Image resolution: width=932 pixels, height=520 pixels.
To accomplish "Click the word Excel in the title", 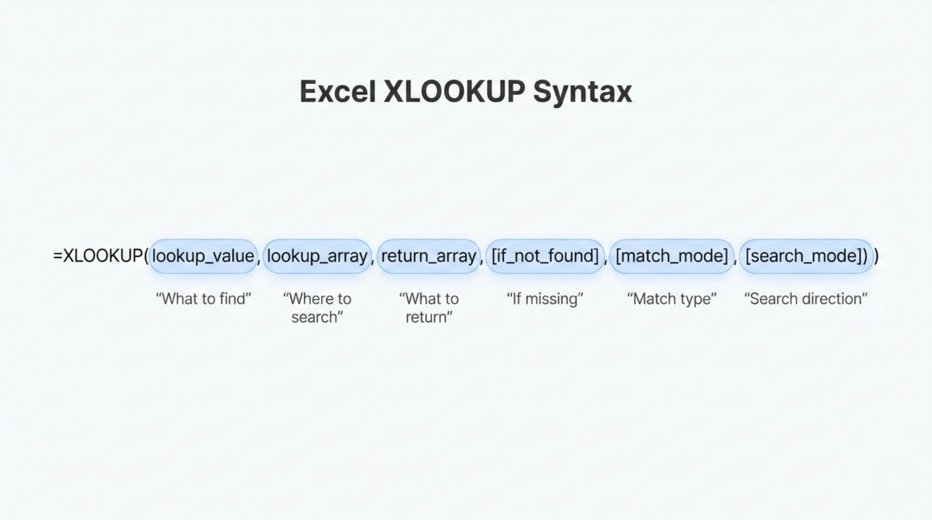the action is tap(338, 92).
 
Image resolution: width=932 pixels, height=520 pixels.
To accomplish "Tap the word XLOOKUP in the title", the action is tap(454, 92).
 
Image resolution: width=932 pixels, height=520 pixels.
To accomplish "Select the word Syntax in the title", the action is tap(582, 94).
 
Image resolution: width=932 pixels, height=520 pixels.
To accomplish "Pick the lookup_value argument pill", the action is tap(203, 256).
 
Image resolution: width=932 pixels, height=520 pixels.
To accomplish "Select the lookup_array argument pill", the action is tap(317, 256).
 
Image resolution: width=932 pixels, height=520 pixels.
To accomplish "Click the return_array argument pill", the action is tap(429, 256).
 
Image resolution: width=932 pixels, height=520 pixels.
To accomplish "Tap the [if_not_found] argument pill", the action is tap(545, 256).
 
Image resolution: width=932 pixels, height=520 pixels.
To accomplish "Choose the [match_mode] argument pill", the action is tap(671, 256).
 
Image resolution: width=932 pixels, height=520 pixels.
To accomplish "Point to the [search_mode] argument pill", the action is tap(806, 256).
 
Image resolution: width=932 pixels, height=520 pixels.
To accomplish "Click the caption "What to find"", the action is tap(203, 299).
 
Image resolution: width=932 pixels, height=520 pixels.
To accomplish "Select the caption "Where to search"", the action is tap(317, 308).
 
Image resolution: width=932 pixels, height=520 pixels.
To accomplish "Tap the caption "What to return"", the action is tap(429, 308).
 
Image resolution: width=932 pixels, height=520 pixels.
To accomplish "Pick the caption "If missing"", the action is tap(545, 300).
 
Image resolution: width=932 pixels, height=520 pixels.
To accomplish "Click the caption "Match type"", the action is tap(671, 300).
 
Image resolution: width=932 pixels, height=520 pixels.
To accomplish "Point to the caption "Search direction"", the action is tap(806, 299).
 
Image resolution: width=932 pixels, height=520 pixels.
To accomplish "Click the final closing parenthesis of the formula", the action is tap(876, 256).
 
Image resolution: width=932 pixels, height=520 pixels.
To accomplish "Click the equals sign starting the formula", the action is tap(58, 256).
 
